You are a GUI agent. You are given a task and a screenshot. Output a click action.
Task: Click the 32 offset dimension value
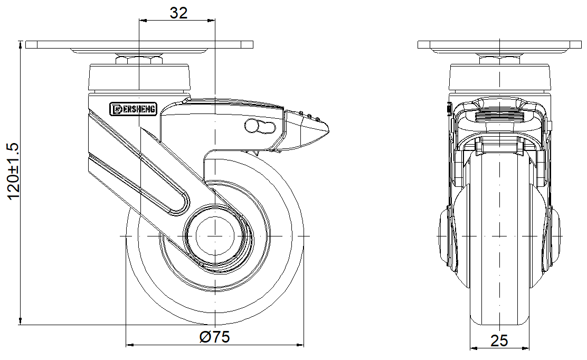(x=178, y=13)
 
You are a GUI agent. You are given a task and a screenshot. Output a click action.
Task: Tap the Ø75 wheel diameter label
(x=214, y=337)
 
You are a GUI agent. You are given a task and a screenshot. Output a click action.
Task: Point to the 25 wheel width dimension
(x=499, y=340)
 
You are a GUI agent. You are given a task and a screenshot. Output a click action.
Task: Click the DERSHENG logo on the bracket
(x=134, y=109)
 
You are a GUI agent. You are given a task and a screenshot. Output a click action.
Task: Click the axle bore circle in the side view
(x=215, y=236)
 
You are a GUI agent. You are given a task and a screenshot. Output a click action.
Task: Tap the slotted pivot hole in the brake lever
(x=260, y=126)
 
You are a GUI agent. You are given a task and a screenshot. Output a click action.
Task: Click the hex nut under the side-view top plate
(x=139, y=60)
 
